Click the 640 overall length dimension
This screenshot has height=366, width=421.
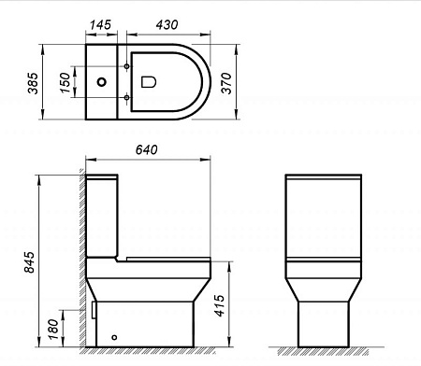[146, 149]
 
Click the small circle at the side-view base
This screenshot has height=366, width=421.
[114, 336]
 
